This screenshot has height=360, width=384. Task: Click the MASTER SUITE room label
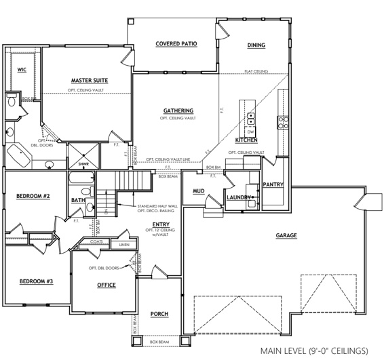90,80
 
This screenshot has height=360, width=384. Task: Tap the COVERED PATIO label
176,43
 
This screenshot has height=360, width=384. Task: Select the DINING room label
256,45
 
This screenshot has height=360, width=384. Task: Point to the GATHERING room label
178,111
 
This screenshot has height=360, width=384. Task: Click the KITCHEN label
246,140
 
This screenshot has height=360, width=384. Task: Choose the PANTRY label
273,184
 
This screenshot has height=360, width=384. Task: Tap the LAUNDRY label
238,197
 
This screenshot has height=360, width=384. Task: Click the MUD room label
199,192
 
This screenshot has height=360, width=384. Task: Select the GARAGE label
286,236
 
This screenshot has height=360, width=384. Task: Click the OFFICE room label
106,285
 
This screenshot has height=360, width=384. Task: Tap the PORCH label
159,315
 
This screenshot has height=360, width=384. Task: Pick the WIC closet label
22,69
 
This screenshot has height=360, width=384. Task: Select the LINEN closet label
123,245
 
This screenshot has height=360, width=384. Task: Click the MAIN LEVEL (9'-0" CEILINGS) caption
317,351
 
